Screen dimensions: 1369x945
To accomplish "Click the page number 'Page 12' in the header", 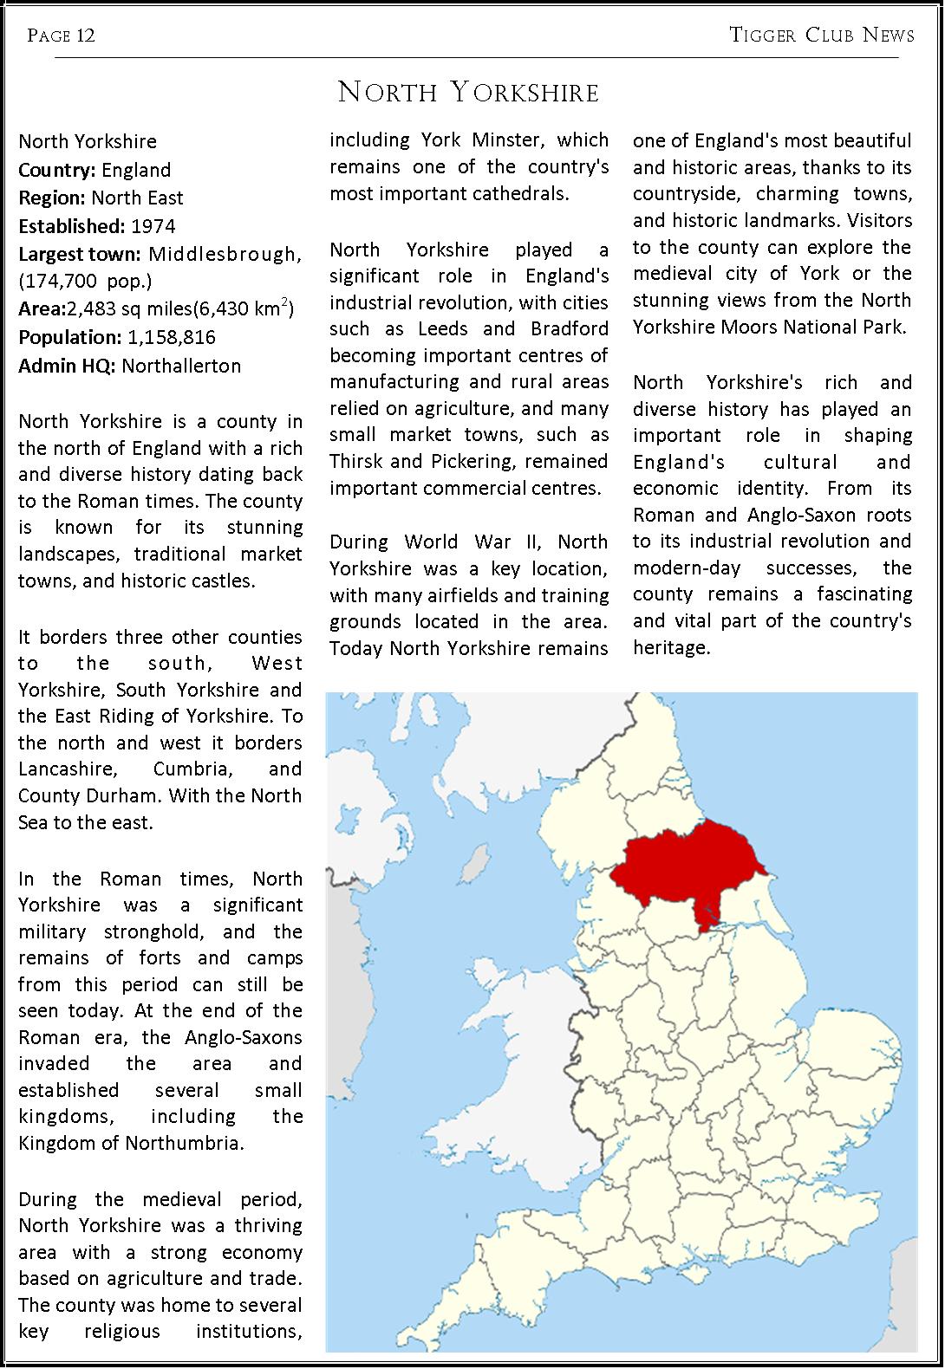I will pos(61,36).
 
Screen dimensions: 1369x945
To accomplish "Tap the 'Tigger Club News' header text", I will pos(822,35).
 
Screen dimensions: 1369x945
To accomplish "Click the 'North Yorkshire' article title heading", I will pos(468,92).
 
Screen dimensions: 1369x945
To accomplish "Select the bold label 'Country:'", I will pos(58,170).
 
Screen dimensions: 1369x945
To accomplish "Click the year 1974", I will pos(153,226).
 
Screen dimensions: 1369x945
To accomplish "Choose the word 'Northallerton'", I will pos(181,366).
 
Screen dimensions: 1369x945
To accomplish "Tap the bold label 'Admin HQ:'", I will pos(67,366).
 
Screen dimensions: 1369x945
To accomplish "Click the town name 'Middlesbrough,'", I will pos(225,254).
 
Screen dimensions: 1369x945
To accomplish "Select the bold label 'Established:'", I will pos(72,226).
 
